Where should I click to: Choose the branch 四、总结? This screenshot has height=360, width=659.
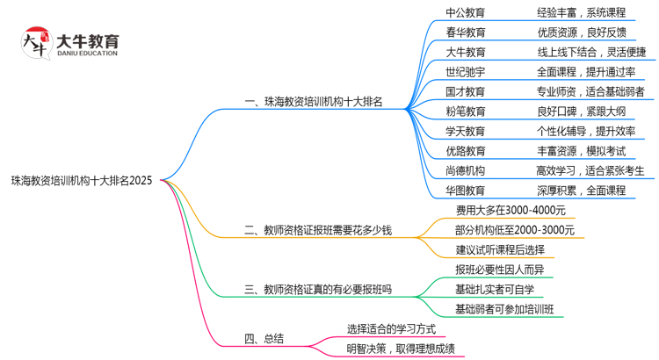pos(263,339)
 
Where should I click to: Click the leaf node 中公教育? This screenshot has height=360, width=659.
pos(465,13)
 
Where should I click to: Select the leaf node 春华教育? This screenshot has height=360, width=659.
pos(465,32)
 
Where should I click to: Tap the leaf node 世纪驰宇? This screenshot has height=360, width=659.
pos(465,72)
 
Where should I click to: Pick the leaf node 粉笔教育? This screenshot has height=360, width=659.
pos(465,112)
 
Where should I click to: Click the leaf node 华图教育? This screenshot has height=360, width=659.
pos(465,190)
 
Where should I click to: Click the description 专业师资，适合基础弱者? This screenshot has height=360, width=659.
pos(590,91)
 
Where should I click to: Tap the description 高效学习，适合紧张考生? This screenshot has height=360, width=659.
pos(590,170)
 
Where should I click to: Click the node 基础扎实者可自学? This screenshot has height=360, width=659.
pos(494,288)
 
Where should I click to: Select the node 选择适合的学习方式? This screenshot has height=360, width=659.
pos(391,329)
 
